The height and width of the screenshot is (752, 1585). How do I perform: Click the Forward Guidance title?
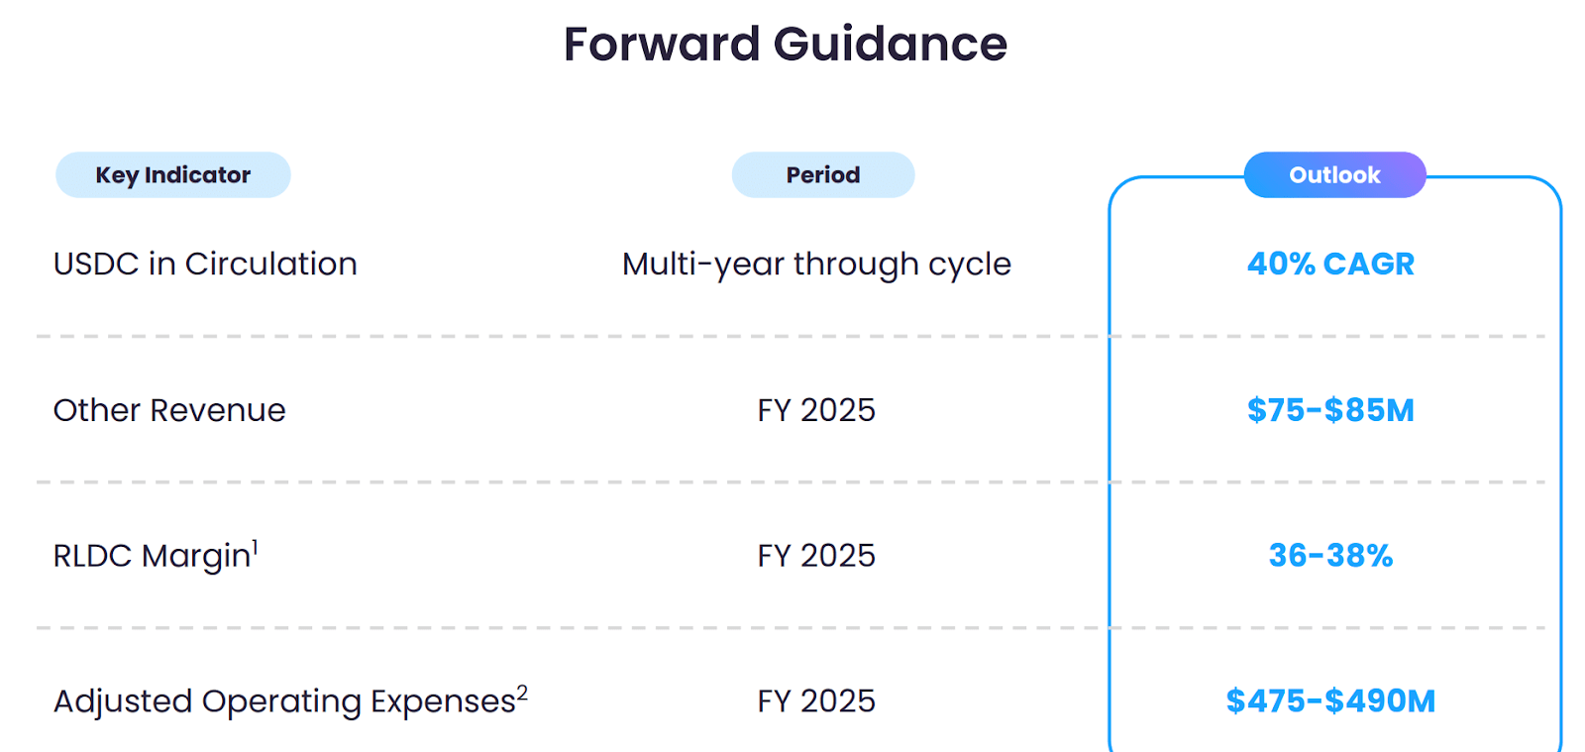[785, 45]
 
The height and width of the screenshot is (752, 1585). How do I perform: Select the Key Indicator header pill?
[173, 175]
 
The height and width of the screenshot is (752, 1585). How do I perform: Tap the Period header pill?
[822, 175]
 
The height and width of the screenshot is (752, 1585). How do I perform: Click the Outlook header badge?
[1334, 175]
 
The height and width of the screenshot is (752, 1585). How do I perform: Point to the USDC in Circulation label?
[205, 265]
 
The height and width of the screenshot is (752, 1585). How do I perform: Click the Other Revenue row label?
[169, 410]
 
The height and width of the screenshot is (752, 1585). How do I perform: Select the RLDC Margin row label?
[152, 556]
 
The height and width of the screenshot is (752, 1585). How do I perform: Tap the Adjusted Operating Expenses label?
[284, 701]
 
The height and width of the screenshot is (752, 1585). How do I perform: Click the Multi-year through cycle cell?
[816, 265]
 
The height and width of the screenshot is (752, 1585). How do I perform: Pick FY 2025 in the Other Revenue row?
[816, 410]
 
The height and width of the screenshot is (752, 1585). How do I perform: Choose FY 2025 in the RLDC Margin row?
[816, 556]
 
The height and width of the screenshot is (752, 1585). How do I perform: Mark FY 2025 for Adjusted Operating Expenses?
[816, 701]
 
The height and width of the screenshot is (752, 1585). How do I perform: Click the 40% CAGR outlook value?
[1330, 265]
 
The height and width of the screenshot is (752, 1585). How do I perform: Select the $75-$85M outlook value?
[1330, 410]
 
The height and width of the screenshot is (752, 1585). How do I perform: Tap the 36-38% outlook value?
[1330, 556]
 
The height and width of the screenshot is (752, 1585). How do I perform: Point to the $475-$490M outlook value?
[1330, 701]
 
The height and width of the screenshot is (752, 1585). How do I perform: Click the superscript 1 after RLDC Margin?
[255, 546]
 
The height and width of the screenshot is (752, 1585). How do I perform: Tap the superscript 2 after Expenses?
[522, 693]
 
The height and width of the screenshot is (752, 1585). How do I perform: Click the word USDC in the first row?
[96, 265]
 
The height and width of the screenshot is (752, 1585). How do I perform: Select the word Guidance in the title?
[890, 45]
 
